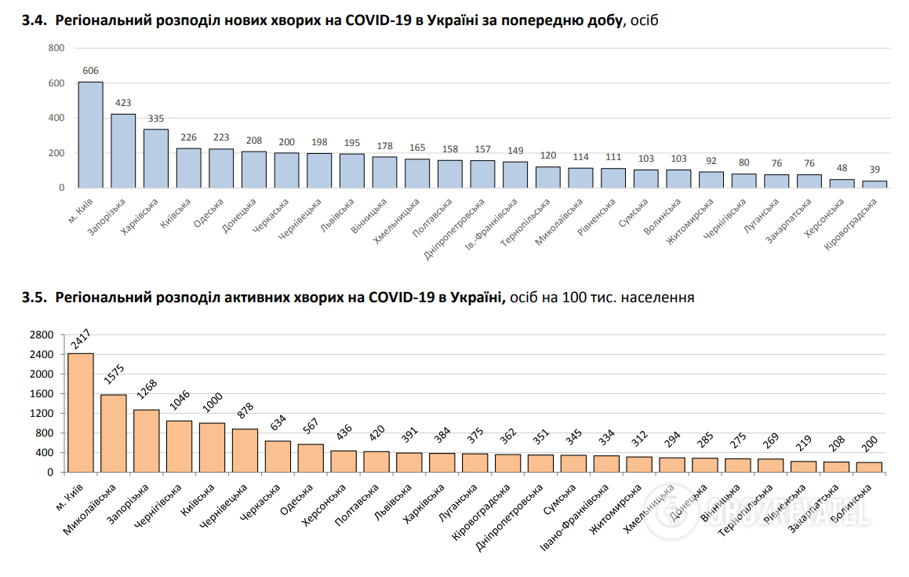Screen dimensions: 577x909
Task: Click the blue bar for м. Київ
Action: point(90,135)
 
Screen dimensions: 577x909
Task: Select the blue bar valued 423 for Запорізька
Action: point(123,151)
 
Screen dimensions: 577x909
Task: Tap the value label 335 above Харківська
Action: point(156,119)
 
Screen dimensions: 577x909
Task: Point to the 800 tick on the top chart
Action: point(56,48)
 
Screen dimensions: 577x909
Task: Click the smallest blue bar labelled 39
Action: point(875,184)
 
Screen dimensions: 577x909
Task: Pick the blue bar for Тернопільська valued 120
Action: point(548,177)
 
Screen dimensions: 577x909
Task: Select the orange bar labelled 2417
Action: point(81,413)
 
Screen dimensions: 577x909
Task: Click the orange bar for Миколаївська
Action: point(114,433)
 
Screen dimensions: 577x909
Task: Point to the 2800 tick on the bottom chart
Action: point(42,335)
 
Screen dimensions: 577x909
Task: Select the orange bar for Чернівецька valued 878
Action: point(245,451)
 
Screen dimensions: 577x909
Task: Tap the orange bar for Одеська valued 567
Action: point(311,458)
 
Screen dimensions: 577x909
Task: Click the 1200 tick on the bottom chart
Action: point(42,414)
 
